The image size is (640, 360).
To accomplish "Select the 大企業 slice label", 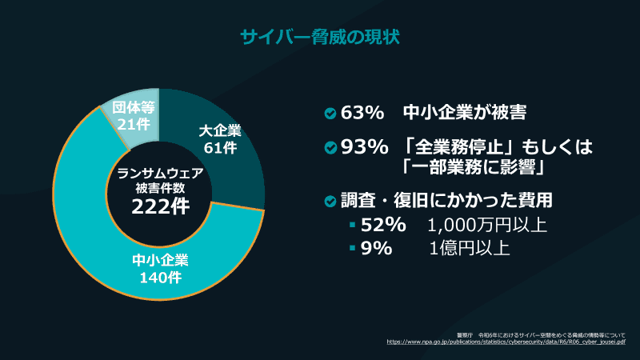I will pos(220,130).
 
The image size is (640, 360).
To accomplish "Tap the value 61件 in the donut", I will pos(220,148).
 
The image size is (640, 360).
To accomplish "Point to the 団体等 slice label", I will pos(133,106).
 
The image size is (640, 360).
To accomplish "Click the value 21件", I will pos(133,124).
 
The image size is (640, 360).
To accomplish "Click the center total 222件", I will pos(160,206).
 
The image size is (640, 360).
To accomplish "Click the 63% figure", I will pos(363,113).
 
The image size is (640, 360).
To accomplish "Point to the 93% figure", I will pos(363,148).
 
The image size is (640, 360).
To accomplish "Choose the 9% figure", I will pos(377,248).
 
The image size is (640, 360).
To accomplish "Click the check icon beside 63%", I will pos(330,114).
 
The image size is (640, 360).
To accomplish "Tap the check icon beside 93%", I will pos(330,149).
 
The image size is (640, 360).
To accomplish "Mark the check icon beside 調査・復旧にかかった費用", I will pos(330,200).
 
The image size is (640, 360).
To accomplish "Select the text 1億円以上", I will pos(469,248).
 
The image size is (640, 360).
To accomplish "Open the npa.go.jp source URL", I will pos(506,341).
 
